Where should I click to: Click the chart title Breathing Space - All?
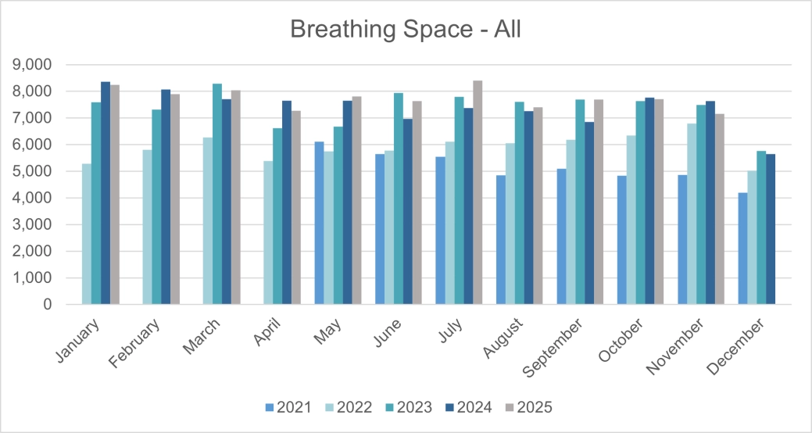pos(405,29)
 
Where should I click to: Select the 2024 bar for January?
pos(106,193)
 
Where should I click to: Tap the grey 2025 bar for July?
pos(478,192)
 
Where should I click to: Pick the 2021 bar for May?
pos(319,223)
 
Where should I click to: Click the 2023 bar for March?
pos(216,194)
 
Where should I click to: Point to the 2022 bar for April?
pos(268,232)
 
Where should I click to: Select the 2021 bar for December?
pos(742,249)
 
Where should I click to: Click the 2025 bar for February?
pos(175,199)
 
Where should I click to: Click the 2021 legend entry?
pos(289,407)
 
